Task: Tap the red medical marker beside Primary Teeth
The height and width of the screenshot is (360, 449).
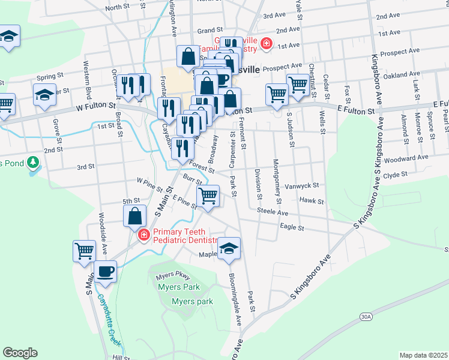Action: click(143, 234)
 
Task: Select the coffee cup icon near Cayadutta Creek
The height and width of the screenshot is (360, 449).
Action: click(105, 271)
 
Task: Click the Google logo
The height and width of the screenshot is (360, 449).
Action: click(20, 352)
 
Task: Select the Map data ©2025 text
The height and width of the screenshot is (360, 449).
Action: click(423, 355)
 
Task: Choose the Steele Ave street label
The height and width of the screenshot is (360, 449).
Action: click(273, 211)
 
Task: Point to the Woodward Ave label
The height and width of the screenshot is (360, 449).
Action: click(406, 158)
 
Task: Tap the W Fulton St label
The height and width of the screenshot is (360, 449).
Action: click(95, 106)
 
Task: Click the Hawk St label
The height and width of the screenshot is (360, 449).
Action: click(312, 202)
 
